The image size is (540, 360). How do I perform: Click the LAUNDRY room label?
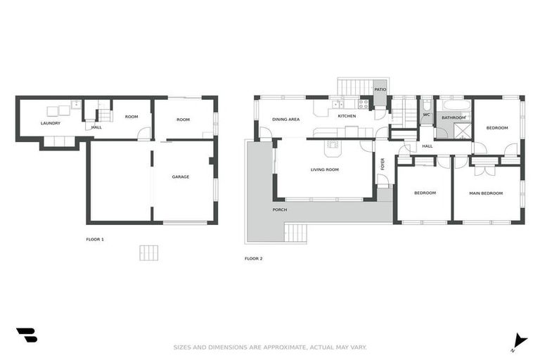pos(50,124)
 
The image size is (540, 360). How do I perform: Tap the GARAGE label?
pos(181,176)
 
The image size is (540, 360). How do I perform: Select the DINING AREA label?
pos(285,120)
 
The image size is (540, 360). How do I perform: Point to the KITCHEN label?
pos(347,115)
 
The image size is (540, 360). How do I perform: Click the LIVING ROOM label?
pos(325,169)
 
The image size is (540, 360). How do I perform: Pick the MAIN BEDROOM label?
pos(486,193)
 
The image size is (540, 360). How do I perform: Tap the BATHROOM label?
pos(454,117)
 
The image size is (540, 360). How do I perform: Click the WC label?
pos(426,115)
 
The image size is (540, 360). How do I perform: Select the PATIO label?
pos(380,90)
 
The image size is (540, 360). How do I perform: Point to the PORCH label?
pos(280,210)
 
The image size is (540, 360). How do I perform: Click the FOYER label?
pos(383,164)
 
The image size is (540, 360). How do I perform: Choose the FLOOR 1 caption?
pos(95,240)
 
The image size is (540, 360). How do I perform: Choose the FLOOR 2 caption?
pos(253,259)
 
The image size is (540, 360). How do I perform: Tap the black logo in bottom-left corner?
pos(26,335)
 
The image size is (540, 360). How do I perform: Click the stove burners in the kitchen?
pos(364,103)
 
